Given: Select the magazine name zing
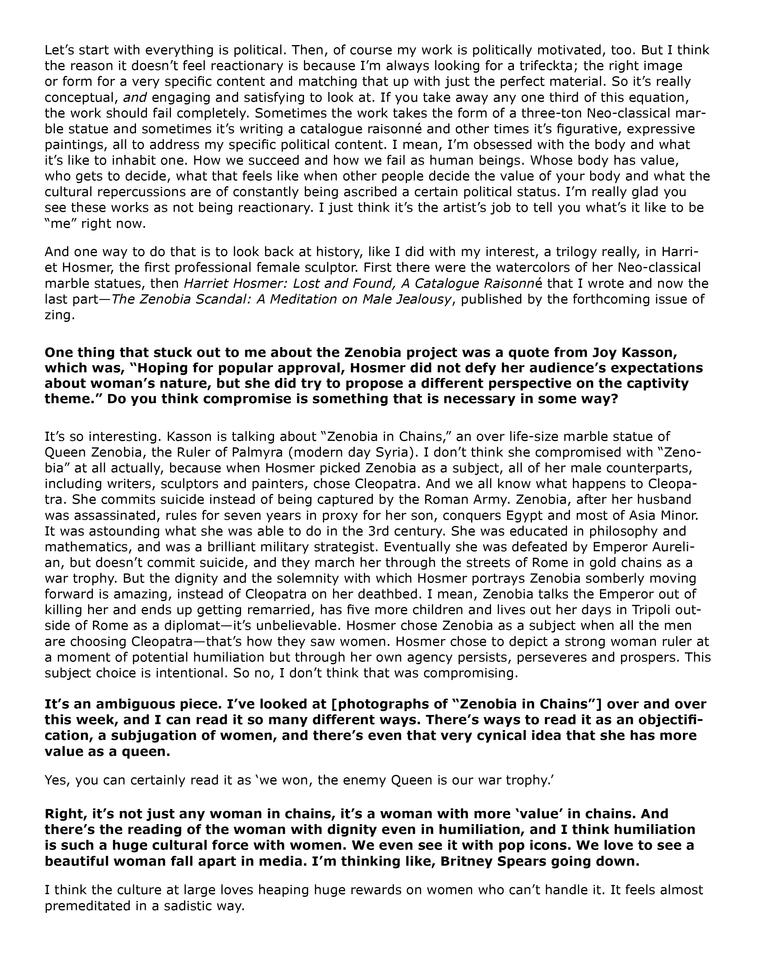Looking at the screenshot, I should [x=57, y=315].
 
